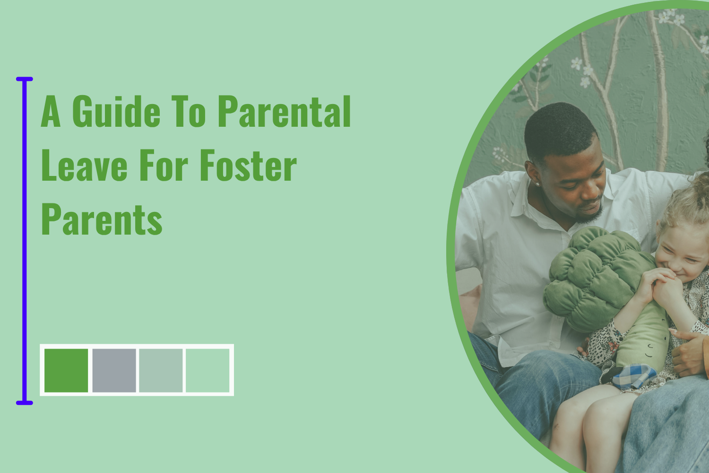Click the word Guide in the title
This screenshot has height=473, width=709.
(x=116, y=112)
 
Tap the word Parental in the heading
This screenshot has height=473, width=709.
(x=284, y=112)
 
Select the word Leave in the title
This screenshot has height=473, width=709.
(x=84, y=166)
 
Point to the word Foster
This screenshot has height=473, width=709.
(x=248, y=166)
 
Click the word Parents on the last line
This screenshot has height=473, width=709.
(x=102, y=219)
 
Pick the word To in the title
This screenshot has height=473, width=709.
(x=189, y=112)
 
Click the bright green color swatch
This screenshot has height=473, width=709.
(x=66, y=370)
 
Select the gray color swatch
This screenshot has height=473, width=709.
(x=114, y=370)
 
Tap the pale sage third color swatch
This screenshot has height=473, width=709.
(x=161, y=370)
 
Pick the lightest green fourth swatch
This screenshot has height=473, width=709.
(x=208, y=370)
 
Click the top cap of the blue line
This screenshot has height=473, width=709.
(x=25, y=79)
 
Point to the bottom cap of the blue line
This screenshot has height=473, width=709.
(x=25, y=403)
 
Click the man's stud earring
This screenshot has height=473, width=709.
(x=537, y=184)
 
